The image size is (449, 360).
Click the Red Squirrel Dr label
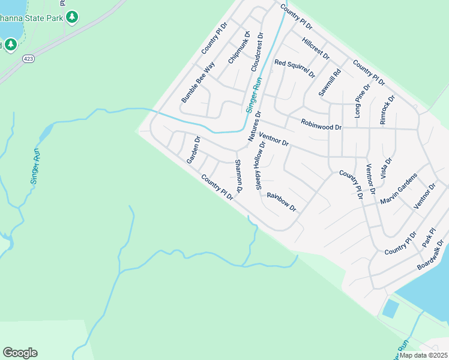[295, 68]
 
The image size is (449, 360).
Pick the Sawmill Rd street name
[330, 82]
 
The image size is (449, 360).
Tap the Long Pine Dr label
[363, 100]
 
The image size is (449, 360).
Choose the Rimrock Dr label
[387, 109]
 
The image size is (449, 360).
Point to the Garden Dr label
[193, 150]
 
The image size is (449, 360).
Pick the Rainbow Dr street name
[282, 201]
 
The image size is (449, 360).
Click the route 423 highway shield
[29, 58]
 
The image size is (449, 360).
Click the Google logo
[20, 353]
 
